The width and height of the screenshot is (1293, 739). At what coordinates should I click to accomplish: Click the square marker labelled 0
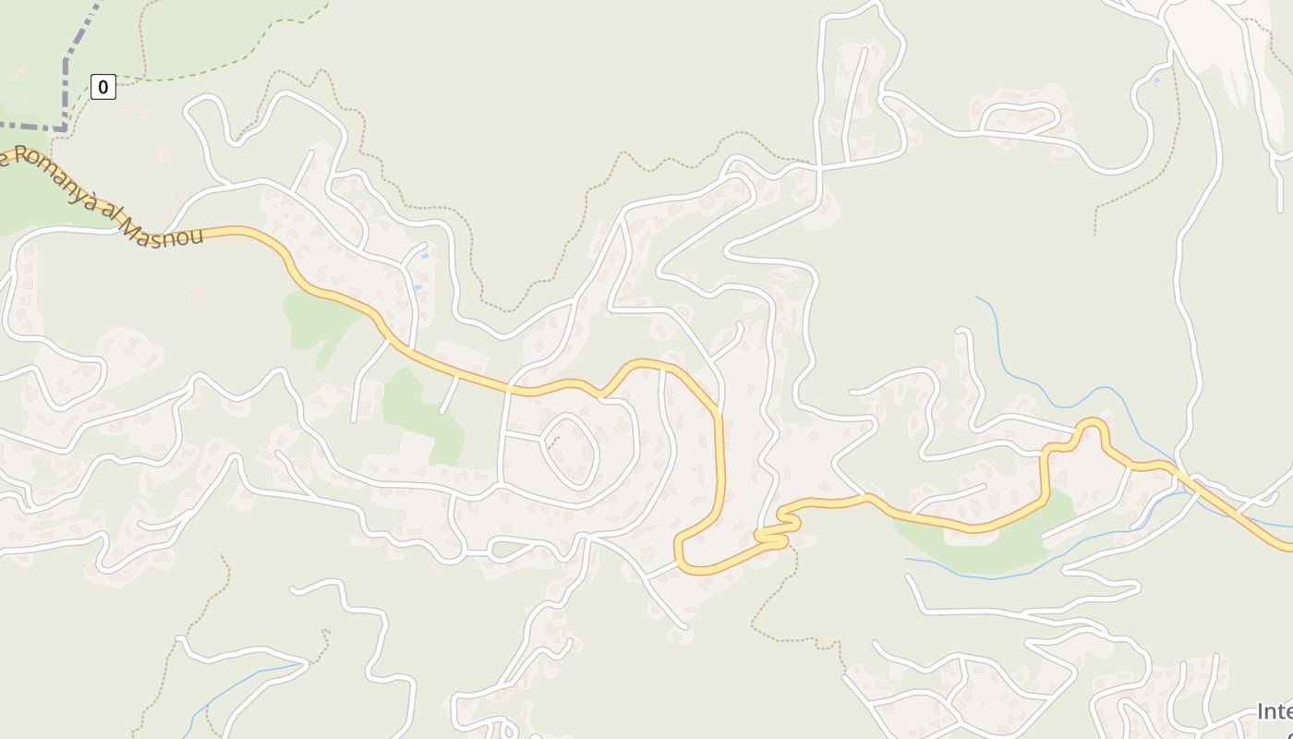(x=103, y=88)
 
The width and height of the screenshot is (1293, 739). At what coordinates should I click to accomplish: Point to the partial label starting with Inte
(x=1274, y=711)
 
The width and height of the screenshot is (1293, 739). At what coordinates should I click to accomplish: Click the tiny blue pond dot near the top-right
(x=1157, y=80)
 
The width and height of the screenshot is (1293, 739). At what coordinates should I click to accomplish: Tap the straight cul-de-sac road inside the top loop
(x=854, y=102)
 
